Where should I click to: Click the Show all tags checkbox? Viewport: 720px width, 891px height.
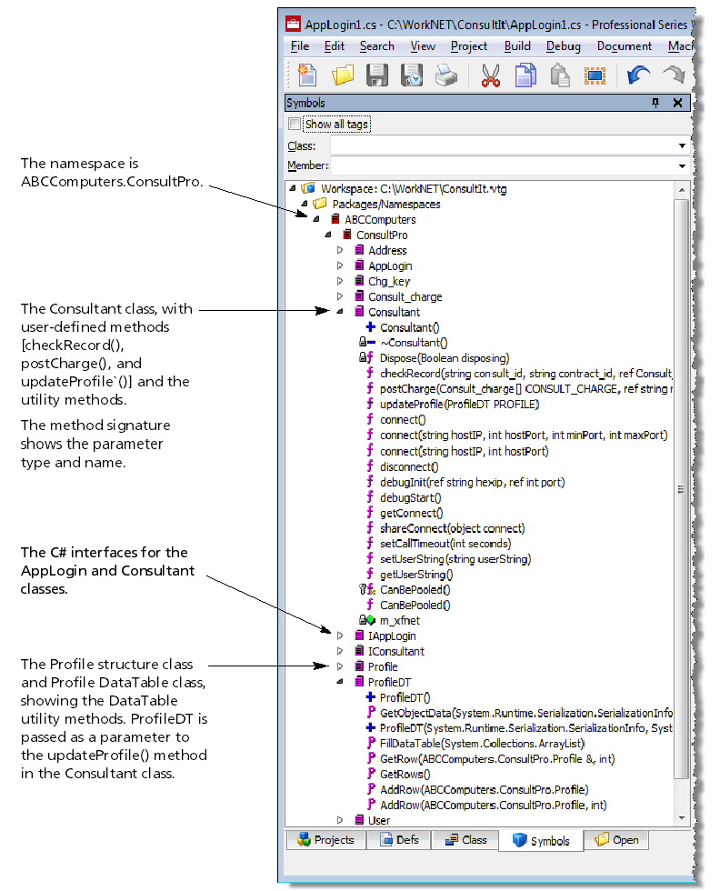294,124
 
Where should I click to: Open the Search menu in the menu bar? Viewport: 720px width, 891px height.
376,46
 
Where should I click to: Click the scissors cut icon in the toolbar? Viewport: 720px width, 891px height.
491,75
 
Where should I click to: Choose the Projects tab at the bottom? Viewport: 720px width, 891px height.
325,840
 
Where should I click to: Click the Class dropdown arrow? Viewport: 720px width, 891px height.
682,145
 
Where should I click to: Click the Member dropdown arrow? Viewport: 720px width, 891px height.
682,165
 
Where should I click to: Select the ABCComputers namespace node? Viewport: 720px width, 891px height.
380,219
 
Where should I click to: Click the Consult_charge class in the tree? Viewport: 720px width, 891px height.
405,296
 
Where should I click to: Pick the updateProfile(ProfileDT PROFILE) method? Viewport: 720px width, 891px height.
459,404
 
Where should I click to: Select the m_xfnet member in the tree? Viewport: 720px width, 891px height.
400,620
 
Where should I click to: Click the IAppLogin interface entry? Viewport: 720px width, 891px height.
391,636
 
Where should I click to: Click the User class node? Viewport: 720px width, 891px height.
378,820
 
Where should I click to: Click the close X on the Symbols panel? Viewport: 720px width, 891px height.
677,103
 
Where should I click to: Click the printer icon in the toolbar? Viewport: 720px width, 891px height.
445,75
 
